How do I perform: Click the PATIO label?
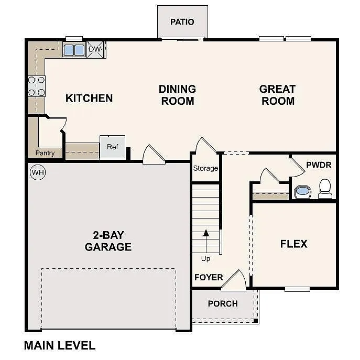182,22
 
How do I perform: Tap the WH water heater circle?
37,172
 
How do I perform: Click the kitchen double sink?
74,50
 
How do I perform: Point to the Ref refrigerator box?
113,147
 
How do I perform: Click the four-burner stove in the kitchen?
36,86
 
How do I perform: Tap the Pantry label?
45,153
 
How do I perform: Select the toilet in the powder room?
325,189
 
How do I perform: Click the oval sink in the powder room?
302,192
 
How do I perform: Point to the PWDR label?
319,165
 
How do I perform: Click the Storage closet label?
205,168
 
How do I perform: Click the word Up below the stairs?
206,258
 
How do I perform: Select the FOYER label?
209,277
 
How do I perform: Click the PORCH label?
223,303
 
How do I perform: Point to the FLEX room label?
293,244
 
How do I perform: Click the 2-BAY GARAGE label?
108,241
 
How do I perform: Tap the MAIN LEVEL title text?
60,345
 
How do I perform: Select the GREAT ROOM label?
278,95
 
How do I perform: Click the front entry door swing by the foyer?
235,281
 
